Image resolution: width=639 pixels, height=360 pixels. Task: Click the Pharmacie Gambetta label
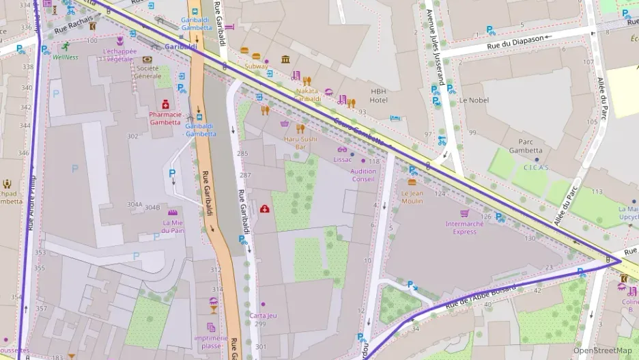(x=165, y=118)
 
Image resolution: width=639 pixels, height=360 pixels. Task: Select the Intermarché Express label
(x=465, y=227)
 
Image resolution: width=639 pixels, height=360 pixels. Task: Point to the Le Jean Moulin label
(x=412, y=197)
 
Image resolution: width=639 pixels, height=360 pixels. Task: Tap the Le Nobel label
(x=473, y=100)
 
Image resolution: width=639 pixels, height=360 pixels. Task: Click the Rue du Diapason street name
(x=515, y=39)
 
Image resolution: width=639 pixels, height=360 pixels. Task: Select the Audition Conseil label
(x=363, y=175)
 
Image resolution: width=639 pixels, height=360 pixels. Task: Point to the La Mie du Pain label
(x=173, y=226)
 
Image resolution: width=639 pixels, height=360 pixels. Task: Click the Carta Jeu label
(x=263, y=315)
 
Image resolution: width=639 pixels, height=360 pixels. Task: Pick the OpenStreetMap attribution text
(x=602, y=350)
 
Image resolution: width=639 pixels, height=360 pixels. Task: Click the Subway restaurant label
(x=256, y=66)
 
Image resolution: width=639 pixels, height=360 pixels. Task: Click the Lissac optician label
(x=342, y=159)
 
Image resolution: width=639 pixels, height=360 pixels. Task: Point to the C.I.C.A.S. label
(x=536, y=167)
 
